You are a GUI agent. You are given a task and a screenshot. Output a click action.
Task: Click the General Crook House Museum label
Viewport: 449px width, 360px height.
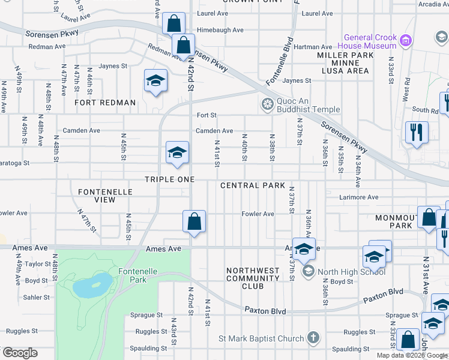pyautogui.click(x=367, y=41)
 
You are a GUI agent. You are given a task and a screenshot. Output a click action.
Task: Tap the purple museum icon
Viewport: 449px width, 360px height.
pyautogui.click(x=406, y=41)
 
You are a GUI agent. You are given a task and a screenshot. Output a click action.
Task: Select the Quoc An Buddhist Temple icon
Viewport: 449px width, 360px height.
pyautogui.click(x=267, y=104)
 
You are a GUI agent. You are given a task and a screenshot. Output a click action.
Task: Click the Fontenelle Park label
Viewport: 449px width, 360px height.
pyautogui.click(x=137, y=275)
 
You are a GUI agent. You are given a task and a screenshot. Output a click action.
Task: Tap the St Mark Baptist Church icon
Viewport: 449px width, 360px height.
pyautogui.click(x=312, y=338)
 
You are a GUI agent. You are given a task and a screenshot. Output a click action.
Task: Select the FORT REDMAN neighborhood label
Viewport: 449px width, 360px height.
pyautogui.click(x=105, y=103)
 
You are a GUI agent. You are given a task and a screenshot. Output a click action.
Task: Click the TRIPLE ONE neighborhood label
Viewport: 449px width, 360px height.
pyautogui.click(x=169, y=179)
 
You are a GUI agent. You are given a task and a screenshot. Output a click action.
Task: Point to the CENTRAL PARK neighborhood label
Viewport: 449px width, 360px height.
pyautogui.click(x=252, y=185)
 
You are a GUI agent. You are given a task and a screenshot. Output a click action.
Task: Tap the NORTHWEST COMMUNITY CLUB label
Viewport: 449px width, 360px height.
pyautogui.click(x=253, y=278)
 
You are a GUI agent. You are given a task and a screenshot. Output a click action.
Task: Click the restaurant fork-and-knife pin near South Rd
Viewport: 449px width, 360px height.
pyautogui.click(x=416, y=133)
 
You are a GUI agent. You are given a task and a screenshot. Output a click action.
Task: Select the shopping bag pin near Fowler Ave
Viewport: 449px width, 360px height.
pyautogui.click(x=194, y=221)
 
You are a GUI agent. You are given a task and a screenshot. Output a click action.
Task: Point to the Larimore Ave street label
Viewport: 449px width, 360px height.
pyautogui.click(x=360, y=197)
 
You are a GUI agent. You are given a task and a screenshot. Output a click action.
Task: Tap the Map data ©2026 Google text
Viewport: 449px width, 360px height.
pyautogui.click(x=411, y=355)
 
